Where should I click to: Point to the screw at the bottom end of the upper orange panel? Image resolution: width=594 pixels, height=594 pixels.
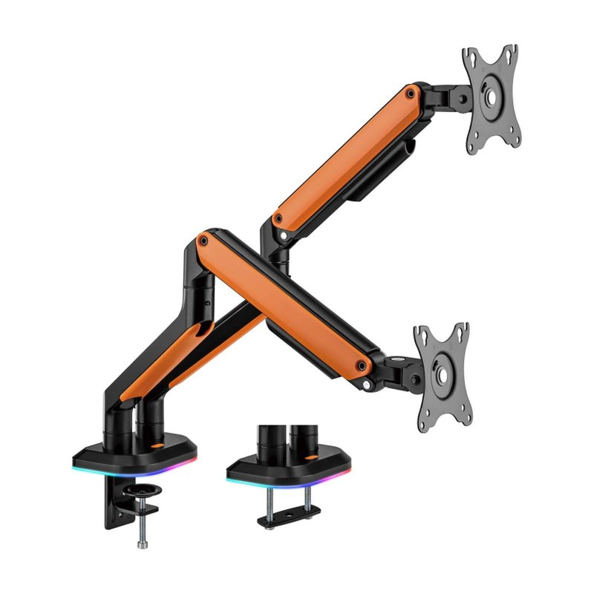[277, 220]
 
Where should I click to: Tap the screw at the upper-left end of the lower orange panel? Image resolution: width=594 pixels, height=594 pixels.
[201, 239]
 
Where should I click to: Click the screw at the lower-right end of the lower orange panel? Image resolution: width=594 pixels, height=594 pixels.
[362, 365]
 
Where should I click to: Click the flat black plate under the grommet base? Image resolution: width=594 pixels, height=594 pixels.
[289, 515]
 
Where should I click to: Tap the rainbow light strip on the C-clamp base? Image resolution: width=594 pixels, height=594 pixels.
[136, 471]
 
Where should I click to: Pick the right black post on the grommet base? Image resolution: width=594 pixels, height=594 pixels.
[301, 440]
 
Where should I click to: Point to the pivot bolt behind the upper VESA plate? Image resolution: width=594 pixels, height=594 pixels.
[462, 95]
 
